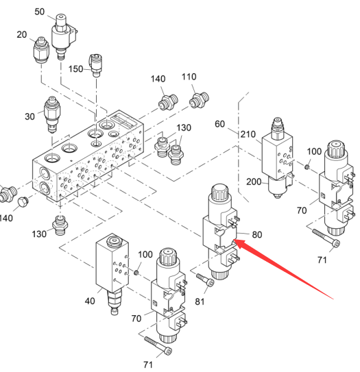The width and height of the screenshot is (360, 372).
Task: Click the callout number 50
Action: [x=39, y=12]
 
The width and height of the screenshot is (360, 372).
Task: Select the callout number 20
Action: [x=22, y=35]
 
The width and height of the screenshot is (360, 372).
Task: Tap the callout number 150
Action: [x=75, y=69]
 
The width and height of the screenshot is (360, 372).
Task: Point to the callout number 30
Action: [x=29, y=116]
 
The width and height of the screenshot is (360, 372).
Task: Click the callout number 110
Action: [x=189, y=77]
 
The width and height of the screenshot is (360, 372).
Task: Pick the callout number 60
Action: [x=219, y=124]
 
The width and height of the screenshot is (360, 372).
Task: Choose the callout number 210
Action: [x=248, y=134]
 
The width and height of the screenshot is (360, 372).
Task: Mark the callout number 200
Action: [x=254, y=182]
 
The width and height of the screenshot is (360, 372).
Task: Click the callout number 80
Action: [x=257, y=234]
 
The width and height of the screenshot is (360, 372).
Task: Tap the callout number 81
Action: [x=200, y=301]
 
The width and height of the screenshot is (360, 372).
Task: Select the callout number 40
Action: [x=90, y=301]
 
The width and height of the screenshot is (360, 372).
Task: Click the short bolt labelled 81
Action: [x=206, y=280]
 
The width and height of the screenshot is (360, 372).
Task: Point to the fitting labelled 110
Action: [x=199, y=100]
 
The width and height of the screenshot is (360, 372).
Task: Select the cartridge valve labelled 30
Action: [x=52, y=114]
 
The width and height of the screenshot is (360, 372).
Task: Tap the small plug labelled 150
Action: [x=96, y=65]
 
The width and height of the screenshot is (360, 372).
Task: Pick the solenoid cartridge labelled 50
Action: [x=64, y=36]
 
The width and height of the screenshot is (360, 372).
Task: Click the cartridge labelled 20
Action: [x=41, y=49]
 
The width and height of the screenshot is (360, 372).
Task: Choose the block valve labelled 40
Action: [x=112, y=273]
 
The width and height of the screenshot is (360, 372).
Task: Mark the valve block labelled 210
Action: [x=278, y=158]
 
